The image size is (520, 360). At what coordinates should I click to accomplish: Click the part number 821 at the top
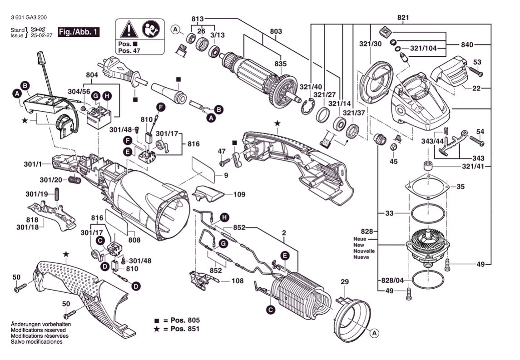tap(403, 18)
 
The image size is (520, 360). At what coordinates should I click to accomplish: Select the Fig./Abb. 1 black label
tap(78, 32)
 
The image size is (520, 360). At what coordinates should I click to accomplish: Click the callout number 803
tap(276, 31)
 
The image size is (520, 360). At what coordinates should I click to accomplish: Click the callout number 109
tap(239, 195)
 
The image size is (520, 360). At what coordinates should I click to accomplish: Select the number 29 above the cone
tap(345, 282)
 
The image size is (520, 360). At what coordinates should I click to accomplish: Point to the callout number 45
tap(394, 161)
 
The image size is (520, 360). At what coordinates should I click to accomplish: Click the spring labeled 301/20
tap(75, 180)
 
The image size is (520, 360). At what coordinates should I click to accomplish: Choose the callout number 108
tap(237, 281)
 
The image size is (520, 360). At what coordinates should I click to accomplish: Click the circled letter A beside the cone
tap(374, 334)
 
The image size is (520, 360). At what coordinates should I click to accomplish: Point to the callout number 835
tap(280, 64)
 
